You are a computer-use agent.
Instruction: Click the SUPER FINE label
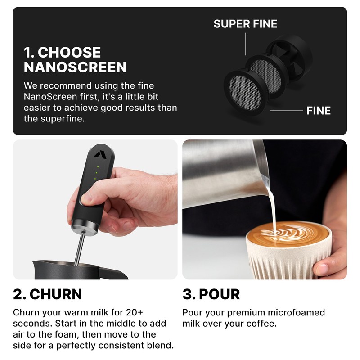(x=245, y=23)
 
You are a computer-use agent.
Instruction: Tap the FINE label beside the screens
(x=318, y=111)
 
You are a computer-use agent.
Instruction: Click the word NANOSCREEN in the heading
(x=75, y=67)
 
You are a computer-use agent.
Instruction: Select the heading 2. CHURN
(x=48, y=294)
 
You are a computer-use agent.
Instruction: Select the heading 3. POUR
(x=211, y=294)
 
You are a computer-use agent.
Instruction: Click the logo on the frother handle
(x=98, y=154)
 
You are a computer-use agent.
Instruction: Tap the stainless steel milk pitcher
(x=220, y=175)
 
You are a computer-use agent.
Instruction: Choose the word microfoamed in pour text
(x=294, y=312)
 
